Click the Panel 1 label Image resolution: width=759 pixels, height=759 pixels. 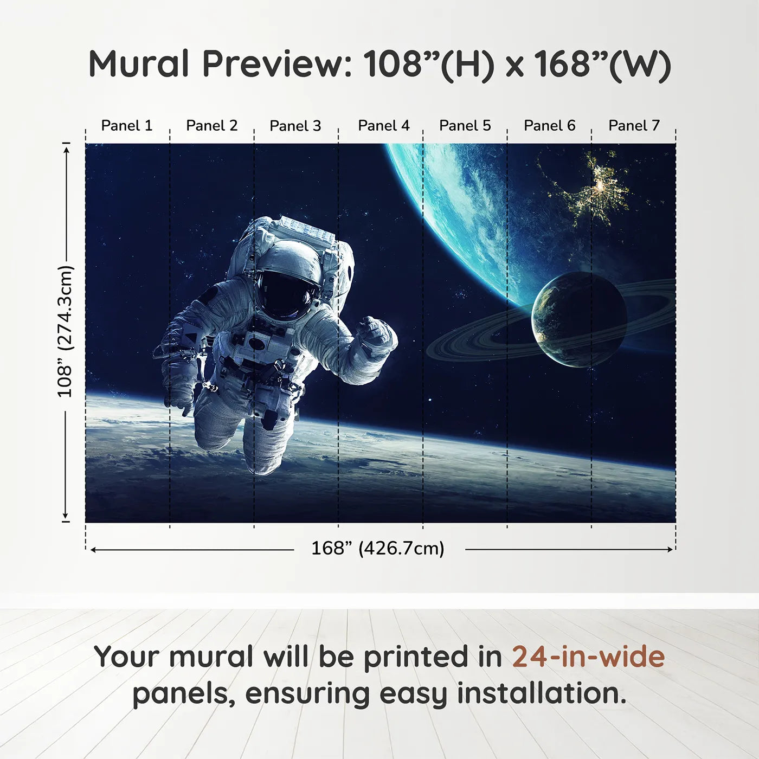[x=127, y=126]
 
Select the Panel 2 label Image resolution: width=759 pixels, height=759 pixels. [x=212, y=126]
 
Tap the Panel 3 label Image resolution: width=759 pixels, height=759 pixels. [x=295, y=126]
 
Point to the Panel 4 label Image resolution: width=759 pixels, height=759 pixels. [x=384, y=126]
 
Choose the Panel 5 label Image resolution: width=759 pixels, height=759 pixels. [x=465, y=126]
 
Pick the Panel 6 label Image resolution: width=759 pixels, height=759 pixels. [x=550, y=126]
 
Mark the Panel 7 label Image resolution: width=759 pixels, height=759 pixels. [x=634, y=126]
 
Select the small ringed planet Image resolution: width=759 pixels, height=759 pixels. [x=578, y=320]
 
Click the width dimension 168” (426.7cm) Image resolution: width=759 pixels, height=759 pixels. [x=378, y=549]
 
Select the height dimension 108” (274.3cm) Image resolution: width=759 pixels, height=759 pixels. [x=65, y=331]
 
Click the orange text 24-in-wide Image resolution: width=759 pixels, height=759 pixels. [x=588, y=657]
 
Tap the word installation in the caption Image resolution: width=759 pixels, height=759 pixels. [x=541, y=693]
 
